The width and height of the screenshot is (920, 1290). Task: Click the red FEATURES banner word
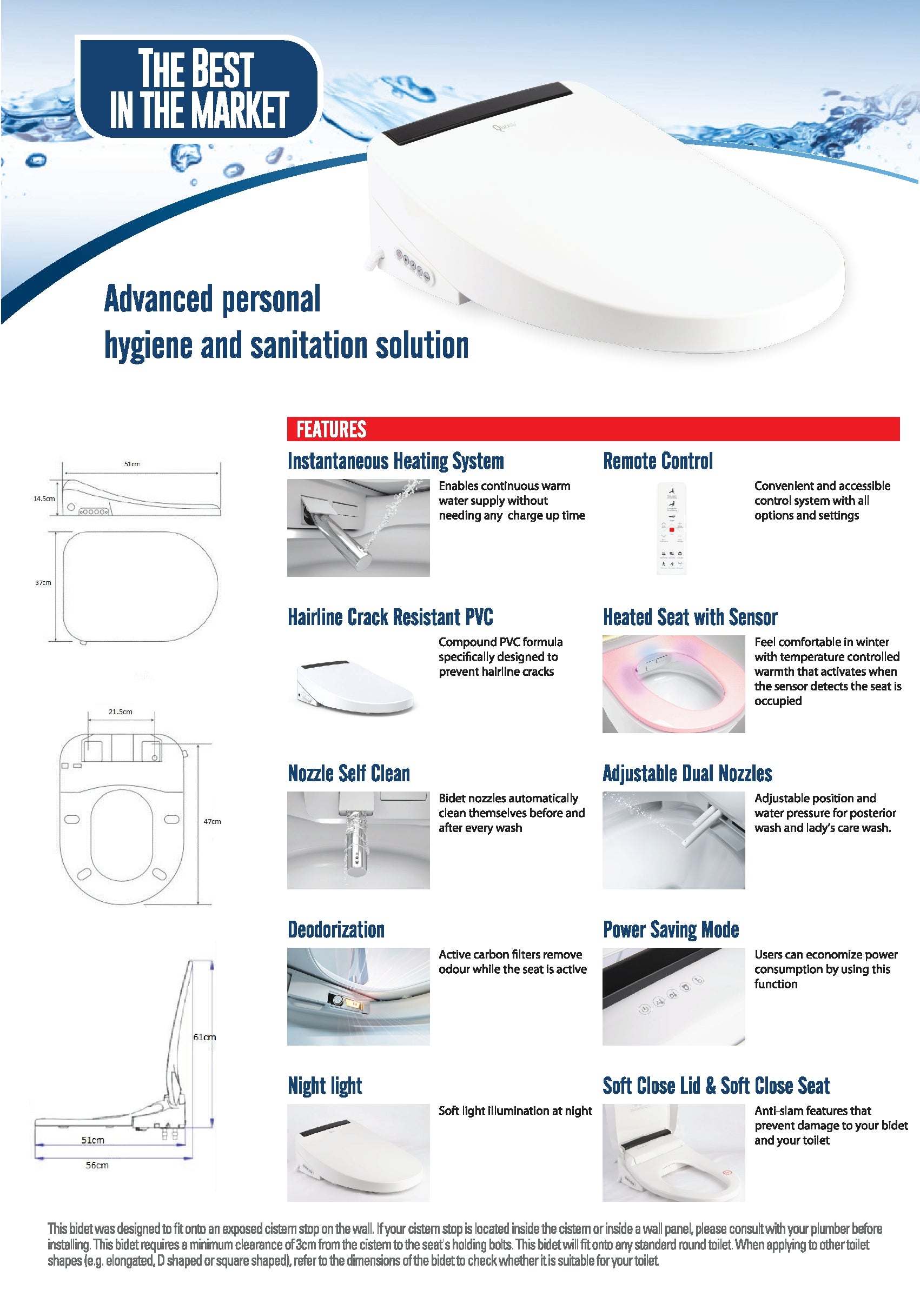tap(332, 429)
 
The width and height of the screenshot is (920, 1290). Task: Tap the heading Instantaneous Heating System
tap(395, 461)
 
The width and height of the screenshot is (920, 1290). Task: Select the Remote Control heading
tap(657, 461)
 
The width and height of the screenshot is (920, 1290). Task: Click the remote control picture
tap(671, 528)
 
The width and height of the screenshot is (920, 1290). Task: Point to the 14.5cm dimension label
tap(44, 499)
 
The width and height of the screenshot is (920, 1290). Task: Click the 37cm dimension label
tap(43, 583)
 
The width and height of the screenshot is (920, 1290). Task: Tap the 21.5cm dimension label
tap(120, 712)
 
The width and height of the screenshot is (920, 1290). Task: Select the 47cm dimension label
tap(213, 821)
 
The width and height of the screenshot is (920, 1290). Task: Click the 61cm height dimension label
tap(204, 1037)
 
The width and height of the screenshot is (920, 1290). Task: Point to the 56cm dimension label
tap(97, 1166)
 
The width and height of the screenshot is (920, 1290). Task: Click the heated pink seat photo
tap(673, 683)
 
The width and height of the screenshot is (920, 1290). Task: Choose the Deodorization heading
tap(336, 929)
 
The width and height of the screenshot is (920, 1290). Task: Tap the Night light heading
tap(325, 1086)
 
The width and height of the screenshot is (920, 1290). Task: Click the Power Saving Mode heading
tap(671, 929)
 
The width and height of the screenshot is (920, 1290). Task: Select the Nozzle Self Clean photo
tap(358, 840)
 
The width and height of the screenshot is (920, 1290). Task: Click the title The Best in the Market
tap(198, 88)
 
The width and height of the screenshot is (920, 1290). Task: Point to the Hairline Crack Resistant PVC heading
tap(390, 617)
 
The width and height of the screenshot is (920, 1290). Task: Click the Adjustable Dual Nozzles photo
tap(673, 840)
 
